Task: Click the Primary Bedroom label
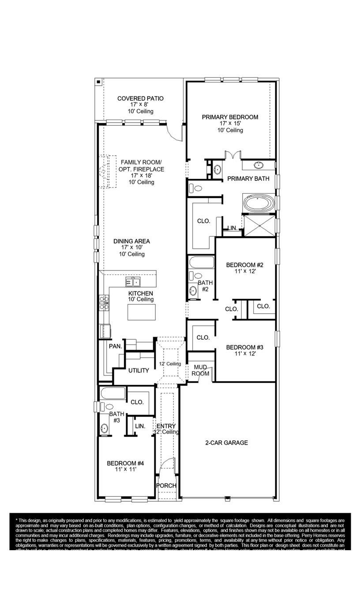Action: click(230, 117)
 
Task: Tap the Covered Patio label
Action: click(140, 98)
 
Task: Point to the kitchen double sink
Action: click(132, 281)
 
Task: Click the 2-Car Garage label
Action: click(227, 443)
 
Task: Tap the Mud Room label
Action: click(200, 370)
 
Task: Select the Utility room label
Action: click(139, 371)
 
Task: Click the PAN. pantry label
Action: click(116, 346)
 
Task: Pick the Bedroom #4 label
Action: click(126, 463)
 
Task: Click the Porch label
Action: click(166, 485)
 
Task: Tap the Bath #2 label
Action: click(205, 286)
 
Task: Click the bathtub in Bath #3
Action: click(112, 393)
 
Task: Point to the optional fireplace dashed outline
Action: click(107, 171)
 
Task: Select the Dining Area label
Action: click(131, 241)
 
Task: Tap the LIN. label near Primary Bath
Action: click(232, 228)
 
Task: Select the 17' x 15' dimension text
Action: click(230, 124)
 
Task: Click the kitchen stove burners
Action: click(104, 303)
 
